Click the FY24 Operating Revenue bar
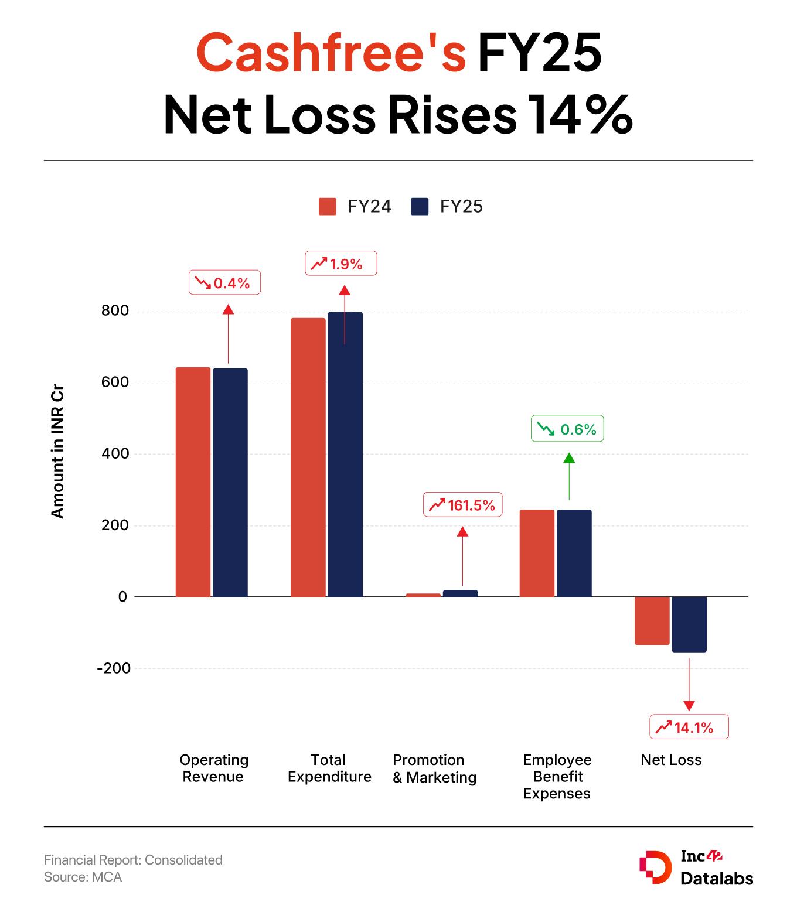coord(193,481)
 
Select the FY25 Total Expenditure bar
coord(345,455)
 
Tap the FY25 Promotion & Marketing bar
coord(460,593)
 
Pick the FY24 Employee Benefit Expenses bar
coord(537,553)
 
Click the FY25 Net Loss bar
coord(689,624)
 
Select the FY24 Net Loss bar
coord(652,621)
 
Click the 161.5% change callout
coord(463,505)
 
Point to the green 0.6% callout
coord(567,429)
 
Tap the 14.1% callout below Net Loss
coord(689,727)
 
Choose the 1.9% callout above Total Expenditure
coord(341,264)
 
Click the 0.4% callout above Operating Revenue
coord(224,283)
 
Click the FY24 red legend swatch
coord(327,207)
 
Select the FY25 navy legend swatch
coord(420,207)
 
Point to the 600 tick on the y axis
coord(115,382)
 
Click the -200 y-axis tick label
coord(113,668)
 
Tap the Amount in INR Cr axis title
coord(57,452)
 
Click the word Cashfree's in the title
coord(331,53)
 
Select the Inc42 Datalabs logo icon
coord(655,867)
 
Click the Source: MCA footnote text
coord(83,877)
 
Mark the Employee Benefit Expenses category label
coord(557,777)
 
